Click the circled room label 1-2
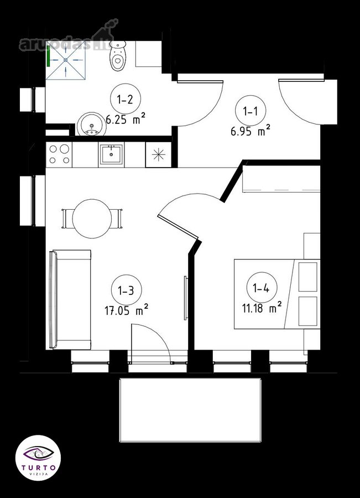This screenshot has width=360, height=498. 125,100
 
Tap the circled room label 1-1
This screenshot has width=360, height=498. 251,111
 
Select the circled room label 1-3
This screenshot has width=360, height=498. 126,290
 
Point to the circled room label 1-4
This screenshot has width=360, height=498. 262,288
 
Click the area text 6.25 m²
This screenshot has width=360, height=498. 126,120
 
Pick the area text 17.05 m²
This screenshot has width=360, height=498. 127,310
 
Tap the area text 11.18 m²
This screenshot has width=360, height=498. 262,308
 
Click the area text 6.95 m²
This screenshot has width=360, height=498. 251,131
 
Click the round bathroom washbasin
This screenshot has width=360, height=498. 91,124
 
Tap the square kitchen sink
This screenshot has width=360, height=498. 111,154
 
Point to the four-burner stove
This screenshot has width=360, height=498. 59,154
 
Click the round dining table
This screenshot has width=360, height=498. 92,218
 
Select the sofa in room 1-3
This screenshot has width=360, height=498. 70,299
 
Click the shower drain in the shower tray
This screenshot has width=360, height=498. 66,60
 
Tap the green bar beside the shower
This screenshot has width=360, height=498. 48,56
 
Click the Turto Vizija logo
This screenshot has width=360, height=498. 38,458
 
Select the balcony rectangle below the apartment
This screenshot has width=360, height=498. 190,409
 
